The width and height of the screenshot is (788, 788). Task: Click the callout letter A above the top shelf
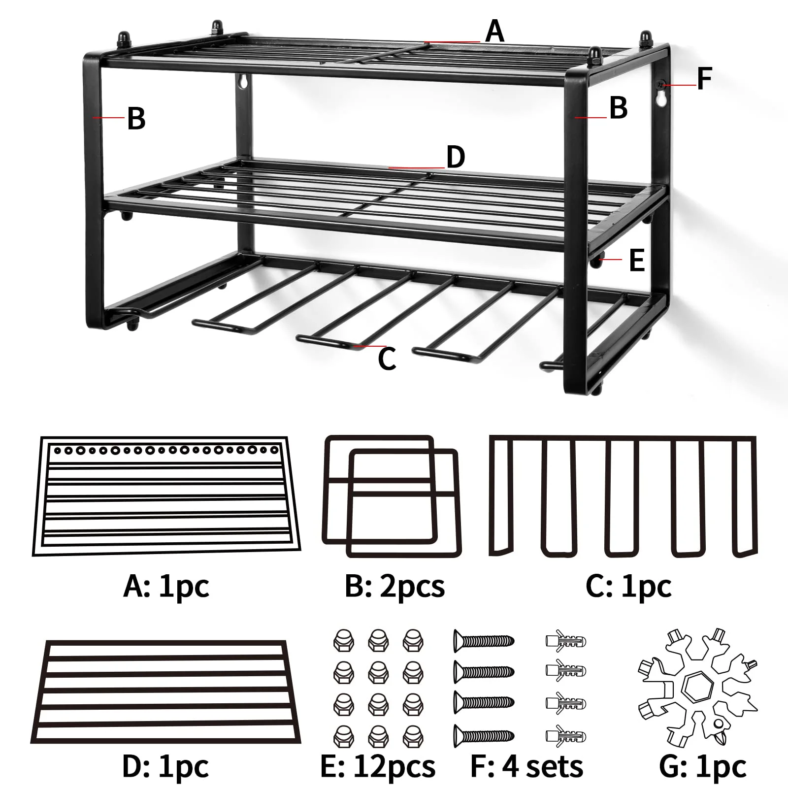(x=494, y=32)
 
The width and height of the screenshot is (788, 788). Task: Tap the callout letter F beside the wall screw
(x=705, y=79)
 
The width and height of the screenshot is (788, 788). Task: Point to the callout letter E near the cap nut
(x=637, y=260)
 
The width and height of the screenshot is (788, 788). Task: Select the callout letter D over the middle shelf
(x=456, y=157)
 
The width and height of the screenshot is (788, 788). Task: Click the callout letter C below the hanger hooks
(x=387, y=359)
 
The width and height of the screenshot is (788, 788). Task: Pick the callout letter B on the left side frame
(x=136, y=119)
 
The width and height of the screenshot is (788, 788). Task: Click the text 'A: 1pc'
(x=166, y=586)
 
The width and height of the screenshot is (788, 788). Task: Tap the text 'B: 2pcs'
(x=394, y=586)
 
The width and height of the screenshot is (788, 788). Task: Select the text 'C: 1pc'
(x=628, y=586)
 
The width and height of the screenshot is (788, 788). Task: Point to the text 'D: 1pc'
(x=165, y=766)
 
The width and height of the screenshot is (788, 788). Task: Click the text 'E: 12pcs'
(x=378, y=766)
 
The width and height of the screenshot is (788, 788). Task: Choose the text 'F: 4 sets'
(x=526, y=766)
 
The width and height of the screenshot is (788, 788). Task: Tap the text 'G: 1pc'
(x=702, y=766)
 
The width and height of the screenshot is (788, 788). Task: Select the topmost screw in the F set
(x=484, y=641)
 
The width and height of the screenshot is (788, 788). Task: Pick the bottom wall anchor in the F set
(x=566, y=736)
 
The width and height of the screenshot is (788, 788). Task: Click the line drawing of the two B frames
(x=392, y=496)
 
